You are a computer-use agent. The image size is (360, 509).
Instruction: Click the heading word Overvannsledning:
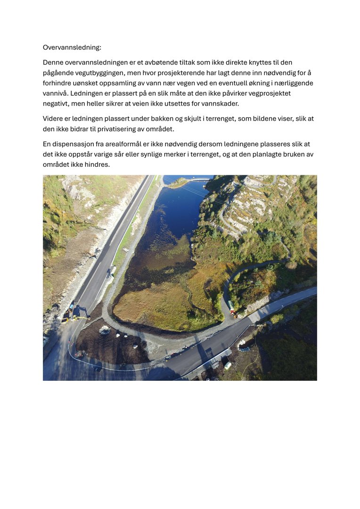[x=72, y=48]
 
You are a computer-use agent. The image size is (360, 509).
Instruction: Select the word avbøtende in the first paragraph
[x=151, y=62]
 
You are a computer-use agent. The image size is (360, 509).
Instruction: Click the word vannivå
[x=55, y=93]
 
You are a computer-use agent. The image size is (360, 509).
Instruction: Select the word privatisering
[x=119, y=129]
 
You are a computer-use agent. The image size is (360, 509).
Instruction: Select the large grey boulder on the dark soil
[x=105, y=330]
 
